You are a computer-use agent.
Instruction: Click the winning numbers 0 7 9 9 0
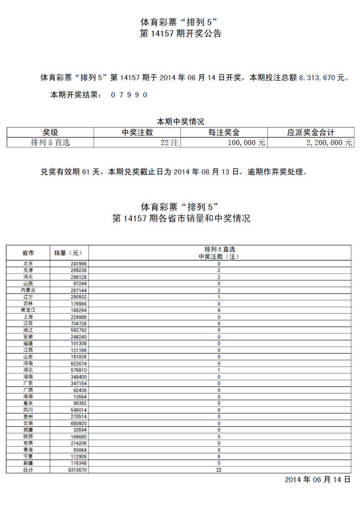coord(129,95)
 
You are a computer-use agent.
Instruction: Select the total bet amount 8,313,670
coord(317,78)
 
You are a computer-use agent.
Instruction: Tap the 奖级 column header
coord(50,132)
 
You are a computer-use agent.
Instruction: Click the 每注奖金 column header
coord(224,132)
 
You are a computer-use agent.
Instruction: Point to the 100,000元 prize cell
coord(247,142)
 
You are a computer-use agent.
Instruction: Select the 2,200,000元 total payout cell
coord(329,142)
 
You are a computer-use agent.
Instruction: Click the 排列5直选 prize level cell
coord(50,142)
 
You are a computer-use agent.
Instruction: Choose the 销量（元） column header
coord(68,253)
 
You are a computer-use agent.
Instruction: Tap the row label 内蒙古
coord(28,290)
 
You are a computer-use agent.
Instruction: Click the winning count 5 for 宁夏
coord(219,456)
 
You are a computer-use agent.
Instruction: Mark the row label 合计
coord(28,470)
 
